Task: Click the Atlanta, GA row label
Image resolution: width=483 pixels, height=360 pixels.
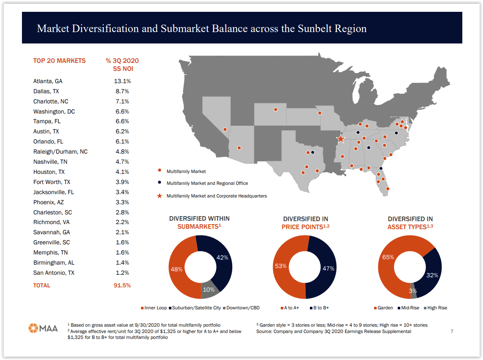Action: tap(48, 81)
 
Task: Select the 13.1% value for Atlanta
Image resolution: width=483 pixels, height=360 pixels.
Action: tap(122, 81)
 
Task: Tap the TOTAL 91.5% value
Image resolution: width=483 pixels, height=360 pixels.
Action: tap(122, 285)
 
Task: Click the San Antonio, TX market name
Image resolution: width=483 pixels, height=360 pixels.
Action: tap(54, 273)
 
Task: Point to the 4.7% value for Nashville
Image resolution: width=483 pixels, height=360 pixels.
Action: tap(122, 162)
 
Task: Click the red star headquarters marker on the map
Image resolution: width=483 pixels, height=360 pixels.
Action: tap(341, 139)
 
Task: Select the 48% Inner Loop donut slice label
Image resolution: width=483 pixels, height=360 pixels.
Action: tap(176, 269)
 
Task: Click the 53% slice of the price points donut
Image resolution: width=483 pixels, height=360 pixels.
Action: tap(281, 266)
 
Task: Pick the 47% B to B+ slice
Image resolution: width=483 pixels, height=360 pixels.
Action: tap(328, 268)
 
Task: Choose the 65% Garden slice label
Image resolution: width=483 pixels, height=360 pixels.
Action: tap(388, 257)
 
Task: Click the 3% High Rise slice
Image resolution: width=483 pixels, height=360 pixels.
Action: tap(413, 291)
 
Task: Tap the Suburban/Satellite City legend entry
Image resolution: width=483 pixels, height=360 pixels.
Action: tap(196, 308)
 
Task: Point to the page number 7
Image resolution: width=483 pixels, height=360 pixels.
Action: tap(452, 331)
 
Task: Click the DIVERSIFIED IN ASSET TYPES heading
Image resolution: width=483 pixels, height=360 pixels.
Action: tap(410, 223)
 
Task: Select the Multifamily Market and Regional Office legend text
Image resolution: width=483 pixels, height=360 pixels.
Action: tap(207, 183)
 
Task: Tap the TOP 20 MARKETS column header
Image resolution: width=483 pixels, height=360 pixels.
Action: tap(59, 61)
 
